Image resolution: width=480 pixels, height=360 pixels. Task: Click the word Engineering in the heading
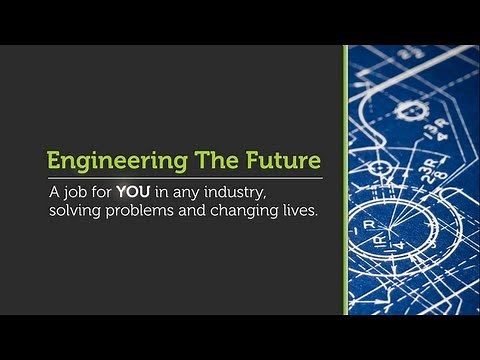pyautogui.click(x=103, y=160)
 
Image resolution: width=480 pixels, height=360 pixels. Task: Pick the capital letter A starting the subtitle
pyautogui.click(x=54, y=191)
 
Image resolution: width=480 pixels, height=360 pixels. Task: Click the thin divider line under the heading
pyautogui.click(x=185, y=177)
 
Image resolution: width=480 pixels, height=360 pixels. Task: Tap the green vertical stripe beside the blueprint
pyautogui.click(x=345, y=180)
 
